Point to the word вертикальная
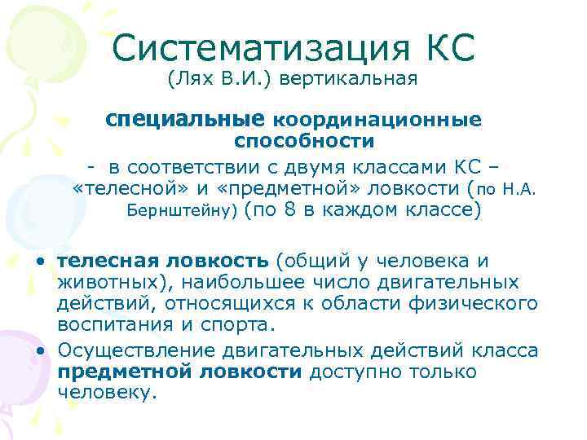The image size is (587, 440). (357, 80)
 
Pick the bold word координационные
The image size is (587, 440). (377, 119)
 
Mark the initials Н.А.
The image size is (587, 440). (519, 190)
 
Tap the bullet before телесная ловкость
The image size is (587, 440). (40, 262)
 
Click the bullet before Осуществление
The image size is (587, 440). (40, 351)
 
